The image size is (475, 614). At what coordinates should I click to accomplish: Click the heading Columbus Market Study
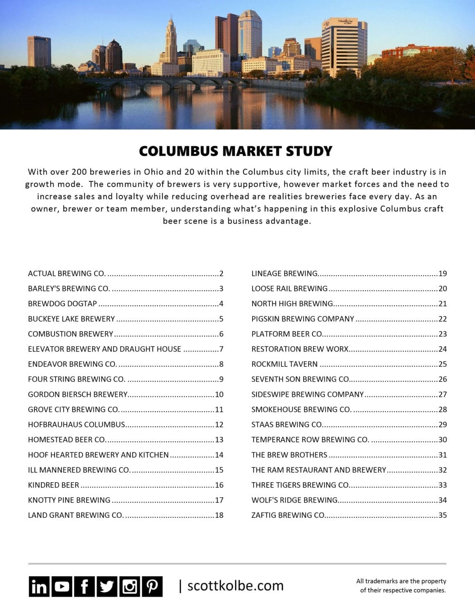pyautogui.click(x=235, y=151)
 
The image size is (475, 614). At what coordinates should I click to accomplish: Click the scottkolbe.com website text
pyautogui.click(x=235, y=586)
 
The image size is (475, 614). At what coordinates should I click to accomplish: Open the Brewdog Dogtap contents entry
pyautogui.click(x=62, y=304)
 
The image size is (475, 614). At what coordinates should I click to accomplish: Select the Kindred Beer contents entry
pyautogui.click(x=53, y=485)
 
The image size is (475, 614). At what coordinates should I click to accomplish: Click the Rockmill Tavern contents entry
pyautogui.click(x=284, y=364)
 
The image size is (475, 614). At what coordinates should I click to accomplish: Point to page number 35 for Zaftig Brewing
pyautogui.click(x=442, y=515)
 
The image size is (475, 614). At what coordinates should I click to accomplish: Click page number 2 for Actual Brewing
pyautogui.click(x=221, y=273)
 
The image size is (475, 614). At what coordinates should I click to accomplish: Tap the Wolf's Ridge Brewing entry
pyautogui.click(x=294, y=500)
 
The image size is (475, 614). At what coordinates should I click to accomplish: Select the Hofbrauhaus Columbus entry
pyautogui.click(x=76, y=424)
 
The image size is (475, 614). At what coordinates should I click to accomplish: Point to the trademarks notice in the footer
pyautogui.click(x=401, y=586)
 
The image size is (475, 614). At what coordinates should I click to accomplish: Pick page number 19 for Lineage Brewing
pyautogui.click(x=442, y=273)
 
